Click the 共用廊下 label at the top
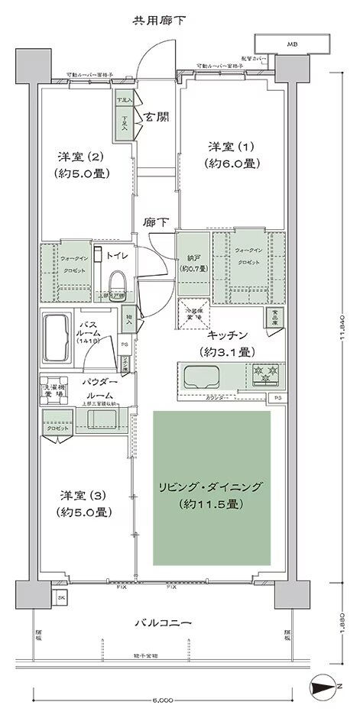tap(158, 18)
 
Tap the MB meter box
tap(291, 44)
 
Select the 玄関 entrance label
tap(157, 117)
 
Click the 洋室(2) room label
tap(83, 165)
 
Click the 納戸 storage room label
tap(190, 263)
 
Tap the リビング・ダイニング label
tap(211, 495)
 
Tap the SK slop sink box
tap(61, 596)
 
